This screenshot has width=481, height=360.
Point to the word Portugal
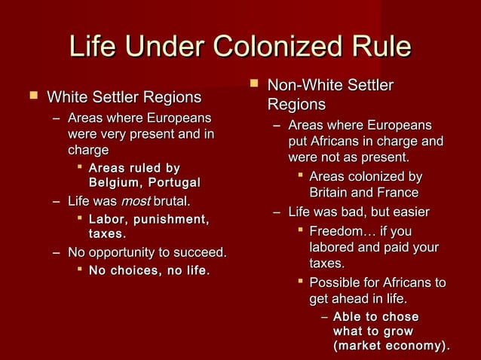173,182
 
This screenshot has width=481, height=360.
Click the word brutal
172,202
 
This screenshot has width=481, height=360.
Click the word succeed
201,252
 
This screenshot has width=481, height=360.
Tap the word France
397,193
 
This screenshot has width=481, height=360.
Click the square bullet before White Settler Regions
32,96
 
